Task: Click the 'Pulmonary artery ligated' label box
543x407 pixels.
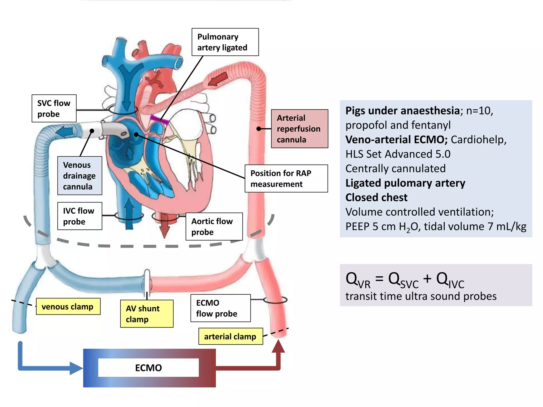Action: [225, 42]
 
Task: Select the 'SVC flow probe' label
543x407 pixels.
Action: [54, 108]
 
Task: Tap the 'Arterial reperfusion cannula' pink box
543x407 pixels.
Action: [300, 129]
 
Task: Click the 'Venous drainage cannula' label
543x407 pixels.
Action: [80, 176]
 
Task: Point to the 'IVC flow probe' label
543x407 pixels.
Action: [80, 216]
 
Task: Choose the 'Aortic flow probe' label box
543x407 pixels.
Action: [214, 227]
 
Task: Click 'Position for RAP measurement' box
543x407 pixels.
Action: [286, 179]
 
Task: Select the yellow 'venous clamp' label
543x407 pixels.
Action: [68, 307]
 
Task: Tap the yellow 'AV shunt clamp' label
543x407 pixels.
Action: [147, 314]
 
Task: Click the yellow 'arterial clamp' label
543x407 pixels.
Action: [230, 337]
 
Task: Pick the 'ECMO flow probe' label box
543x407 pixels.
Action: [220, 308]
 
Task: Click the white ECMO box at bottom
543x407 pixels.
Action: [148, 368]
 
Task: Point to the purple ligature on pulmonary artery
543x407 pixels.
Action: [159, 120]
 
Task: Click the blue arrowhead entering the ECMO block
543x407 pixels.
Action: [76, 368]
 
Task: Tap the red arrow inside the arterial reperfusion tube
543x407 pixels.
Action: [218, 79]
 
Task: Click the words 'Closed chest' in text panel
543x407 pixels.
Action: [376, 198]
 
